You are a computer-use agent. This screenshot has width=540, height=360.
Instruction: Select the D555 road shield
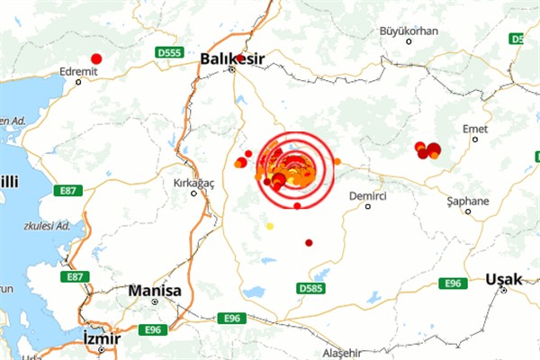pyautogui.click(x=168, y=53)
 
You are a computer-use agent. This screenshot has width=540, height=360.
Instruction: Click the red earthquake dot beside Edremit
pyautogui.click(x=96, y=58)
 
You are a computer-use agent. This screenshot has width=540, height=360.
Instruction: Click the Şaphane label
pyautogui.click(x=469, y=201)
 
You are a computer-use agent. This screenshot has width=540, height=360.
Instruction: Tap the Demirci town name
pyautogui.click(x=369, y=194)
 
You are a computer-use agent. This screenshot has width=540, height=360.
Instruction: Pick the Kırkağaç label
pyautogui.click(x=193, y=182)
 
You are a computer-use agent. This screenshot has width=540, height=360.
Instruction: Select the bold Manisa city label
pyautogui.click(x=155, y=292)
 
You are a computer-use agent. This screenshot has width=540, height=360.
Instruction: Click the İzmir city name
pyautogui.click(x=101, y=338)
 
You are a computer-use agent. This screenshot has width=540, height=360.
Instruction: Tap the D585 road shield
pyautogui.click(x=310, y=288)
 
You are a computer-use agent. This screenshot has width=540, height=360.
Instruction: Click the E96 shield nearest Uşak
pyautogui.click(x=452, y=283)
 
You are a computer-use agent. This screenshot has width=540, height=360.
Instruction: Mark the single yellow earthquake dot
pyautogui.click(x=269, y=226)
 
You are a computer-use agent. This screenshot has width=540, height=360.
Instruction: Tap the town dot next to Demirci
pyautogui.click(x=368, y=206)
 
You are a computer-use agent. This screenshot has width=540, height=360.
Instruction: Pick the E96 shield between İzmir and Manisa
pyautogui.click(x=151, y=330)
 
